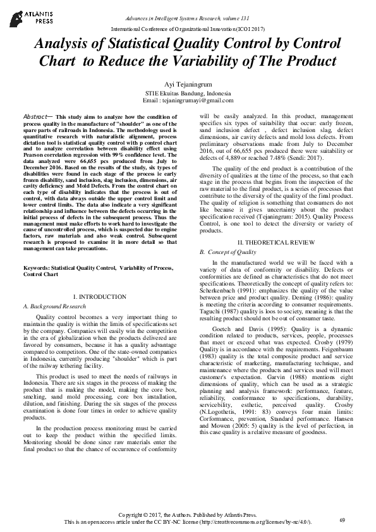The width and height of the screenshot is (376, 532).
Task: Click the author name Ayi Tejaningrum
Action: (188, 83)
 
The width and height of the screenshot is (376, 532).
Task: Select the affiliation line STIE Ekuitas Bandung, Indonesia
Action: (188, 93)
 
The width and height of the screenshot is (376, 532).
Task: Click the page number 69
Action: (342, 519)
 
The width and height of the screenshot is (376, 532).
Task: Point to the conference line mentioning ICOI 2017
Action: (188, 30)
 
